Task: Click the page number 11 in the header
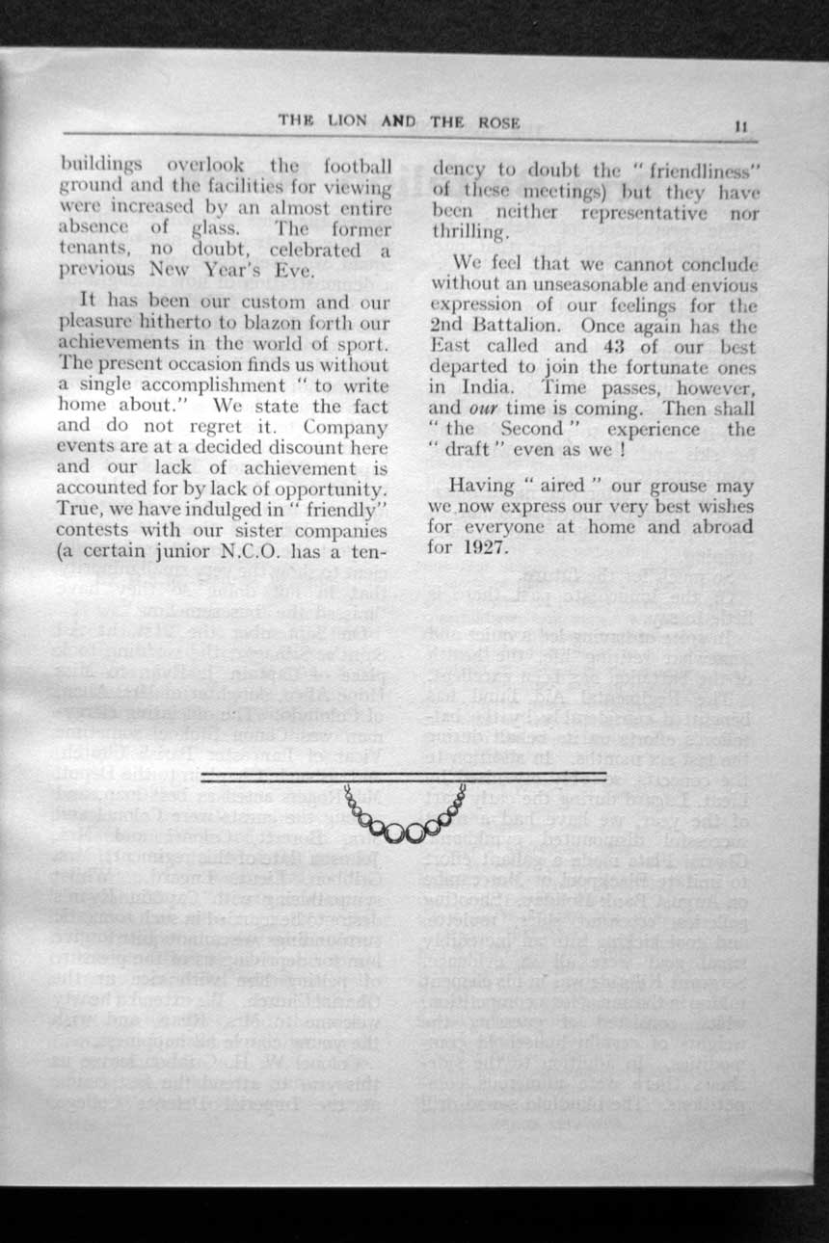coord(741,124)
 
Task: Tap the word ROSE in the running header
coord(498,122)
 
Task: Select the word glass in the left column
coord(225,228)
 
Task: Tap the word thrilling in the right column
coord(469,233)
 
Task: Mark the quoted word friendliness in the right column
coord(700,171)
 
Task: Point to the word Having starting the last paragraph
coord(483,486)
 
